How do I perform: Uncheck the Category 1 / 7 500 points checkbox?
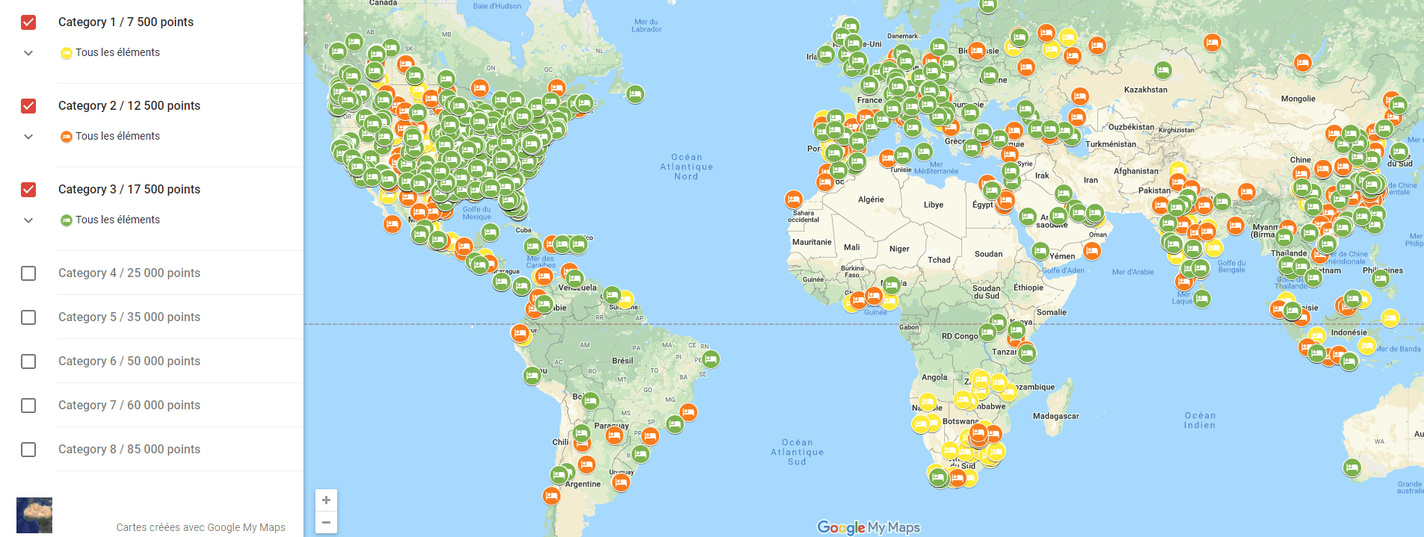coord(28,22)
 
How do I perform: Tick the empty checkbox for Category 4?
coord(28,273)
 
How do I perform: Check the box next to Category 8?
coord(28,450)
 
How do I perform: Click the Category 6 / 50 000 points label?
coord(129,361)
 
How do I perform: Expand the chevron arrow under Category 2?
coord(28,137)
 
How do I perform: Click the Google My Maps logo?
coord(868,527)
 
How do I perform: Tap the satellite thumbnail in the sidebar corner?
coord(34,515)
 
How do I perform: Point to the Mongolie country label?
coord(1298,99)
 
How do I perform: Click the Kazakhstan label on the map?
coord(1145,90)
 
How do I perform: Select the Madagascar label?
coord(1055,416)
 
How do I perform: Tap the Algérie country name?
coord(871,199)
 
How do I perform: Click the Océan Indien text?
coord(1199,420)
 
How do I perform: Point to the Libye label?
coord(933,205)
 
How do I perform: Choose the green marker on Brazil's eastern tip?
coord(710,359)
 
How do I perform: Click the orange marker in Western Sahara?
coord(793,199)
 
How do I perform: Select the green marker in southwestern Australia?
coord(1351,468)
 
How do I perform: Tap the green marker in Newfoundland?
coord(635,94)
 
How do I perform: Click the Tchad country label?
coord(939,260)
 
